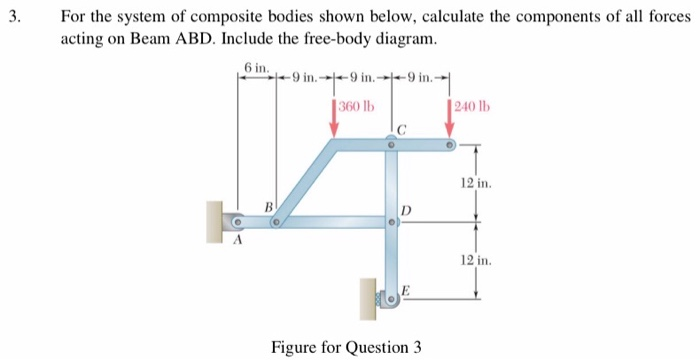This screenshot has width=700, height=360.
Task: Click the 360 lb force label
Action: tap(355, 107)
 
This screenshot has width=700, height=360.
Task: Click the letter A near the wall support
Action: tap(238, 240)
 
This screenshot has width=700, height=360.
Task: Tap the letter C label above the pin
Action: tap(401, 129)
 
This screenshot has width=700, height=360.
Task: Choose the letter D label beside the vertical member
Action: tap(405, 209)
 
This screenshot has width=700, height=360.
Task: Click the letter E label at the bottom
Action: tap(405, 290)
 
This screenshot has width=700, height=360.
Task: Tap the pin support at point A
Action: tap(237, 222)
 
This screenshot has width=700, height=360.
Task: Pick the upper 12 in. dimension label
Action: tap(475, 183)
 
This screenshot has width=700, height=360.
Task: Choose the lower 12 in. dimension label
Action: tap(475, 260)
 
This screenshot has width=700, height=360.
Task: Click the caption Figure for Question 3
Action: tap(346, 347)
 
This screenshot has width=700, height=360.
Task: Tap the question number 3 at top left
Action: tap(12, 17)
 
